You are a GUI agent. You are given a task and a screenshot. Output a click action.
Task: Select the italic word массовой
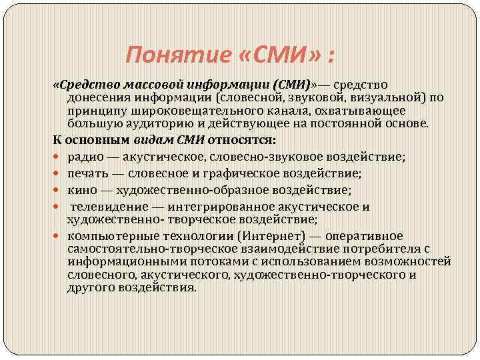pos(141,85)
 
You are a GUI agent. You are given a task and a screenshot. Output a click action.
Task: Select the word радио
pos(83,157)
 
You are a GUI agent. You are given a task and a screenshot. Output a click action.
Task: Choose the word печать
pos(85,173)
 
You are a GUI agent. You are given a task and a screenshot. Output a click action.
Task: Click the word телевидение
pos(104,206)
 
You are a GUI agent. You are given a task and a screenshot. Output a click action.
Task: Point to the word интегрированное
pos(213,206)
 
